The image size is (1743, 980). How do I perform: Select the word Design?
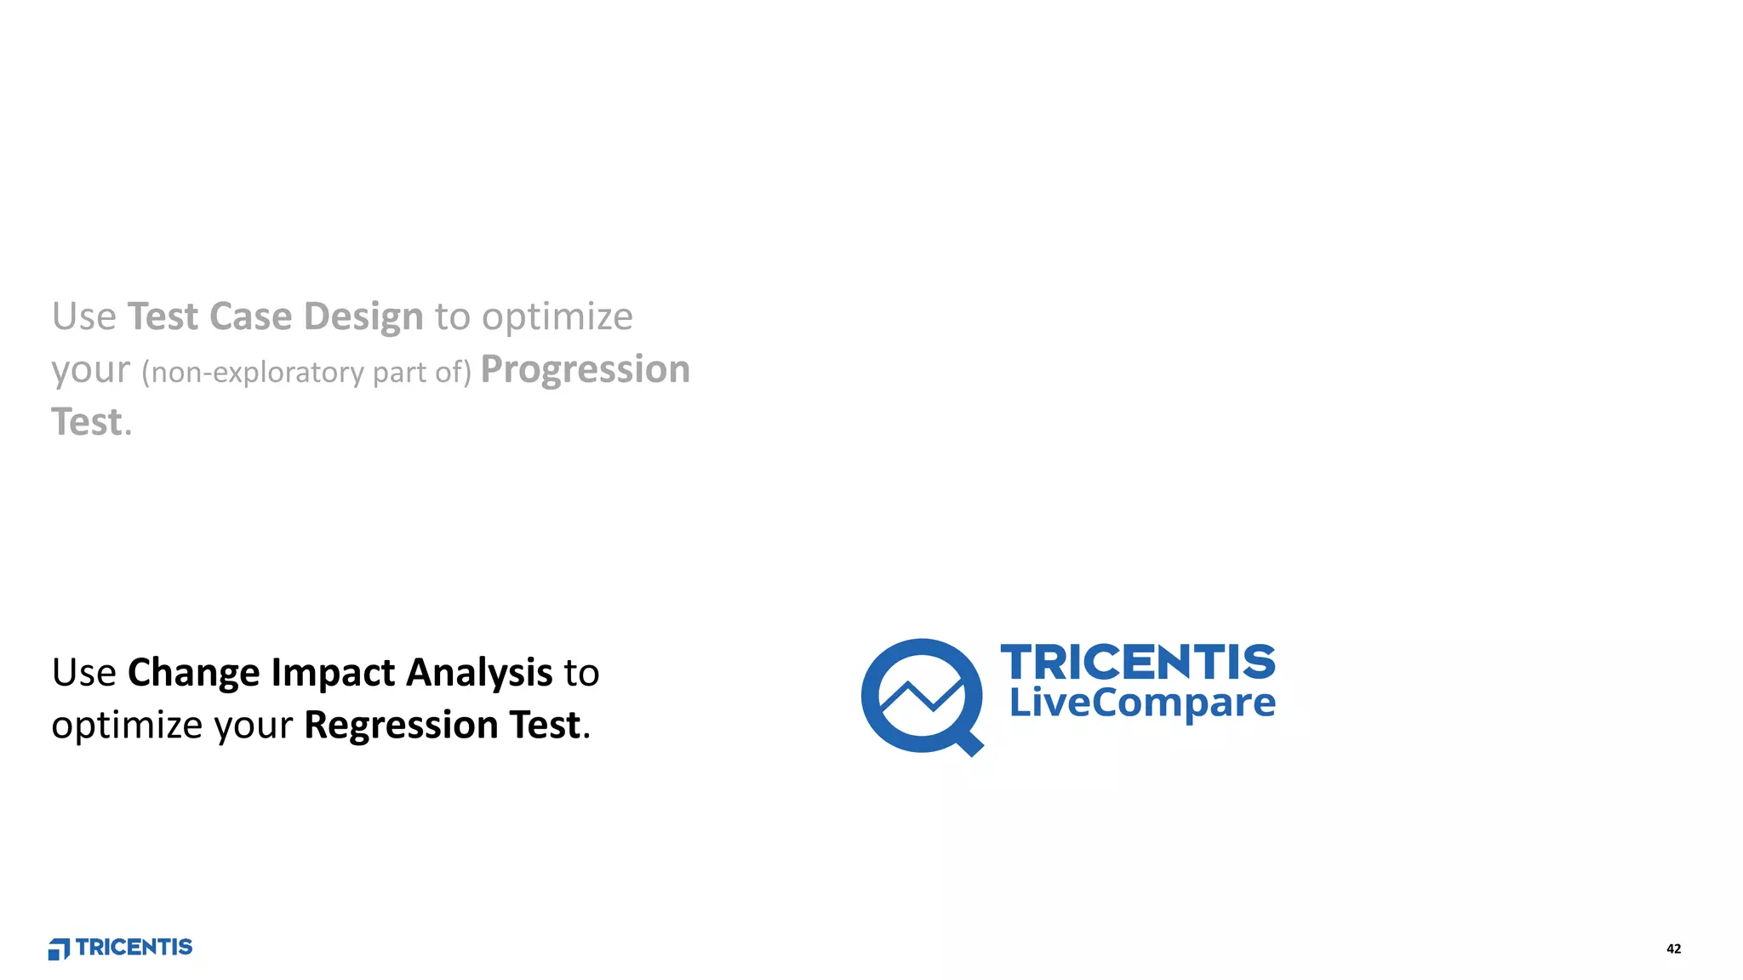[x=363, y=318]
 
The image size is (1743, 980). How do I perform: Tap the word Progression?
[x=586, y=370]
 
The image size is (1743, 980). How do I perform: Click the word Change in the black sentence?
[x=194, y=674]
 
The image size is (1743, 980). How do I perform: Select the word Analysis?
[x=480, y=674]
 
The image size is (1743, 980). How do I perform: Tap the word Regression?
[x=401, y=726]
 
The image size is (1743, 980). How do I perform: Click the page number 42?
[x=1673, y=949]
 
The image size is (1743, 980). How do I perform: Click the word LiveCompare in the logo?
[x=1142, y=703]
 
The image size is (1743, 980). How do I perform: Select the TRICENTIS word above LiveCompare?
[x=1138, y=662]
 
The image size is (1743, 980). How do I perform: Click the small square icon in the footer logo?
[x=58, y=949]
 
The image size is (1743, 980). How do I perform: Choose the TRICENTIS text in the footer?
[x=134, y=948]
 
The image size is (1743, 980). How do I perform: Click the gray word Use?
[x=83, y=316]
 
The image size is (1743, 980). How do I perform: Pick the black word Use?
[x=83, y=674]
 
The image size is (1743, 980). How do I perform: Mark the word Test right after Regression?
[x=545, y=726]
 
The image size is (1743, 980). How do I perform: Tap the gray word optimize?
[x=557, y=318]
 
